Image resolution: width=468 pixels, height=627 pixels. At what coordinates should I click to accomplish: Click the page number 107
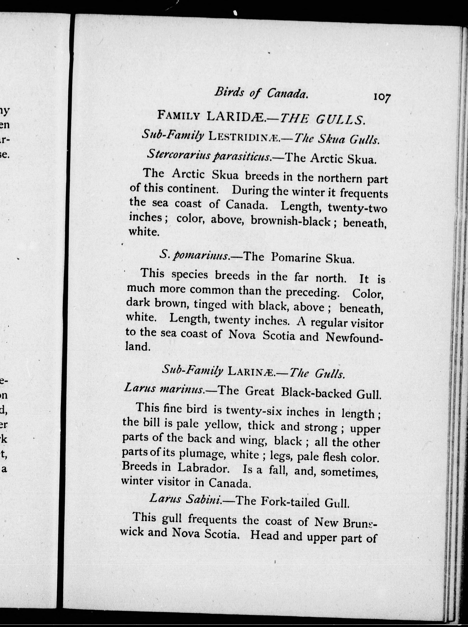382,97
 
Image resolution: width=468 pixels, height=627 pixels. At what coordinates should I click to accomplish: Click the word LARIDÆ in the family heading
236,117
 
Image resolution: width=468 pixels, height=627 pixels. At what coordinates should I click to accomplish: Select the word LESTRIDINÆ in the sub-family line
244,137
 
